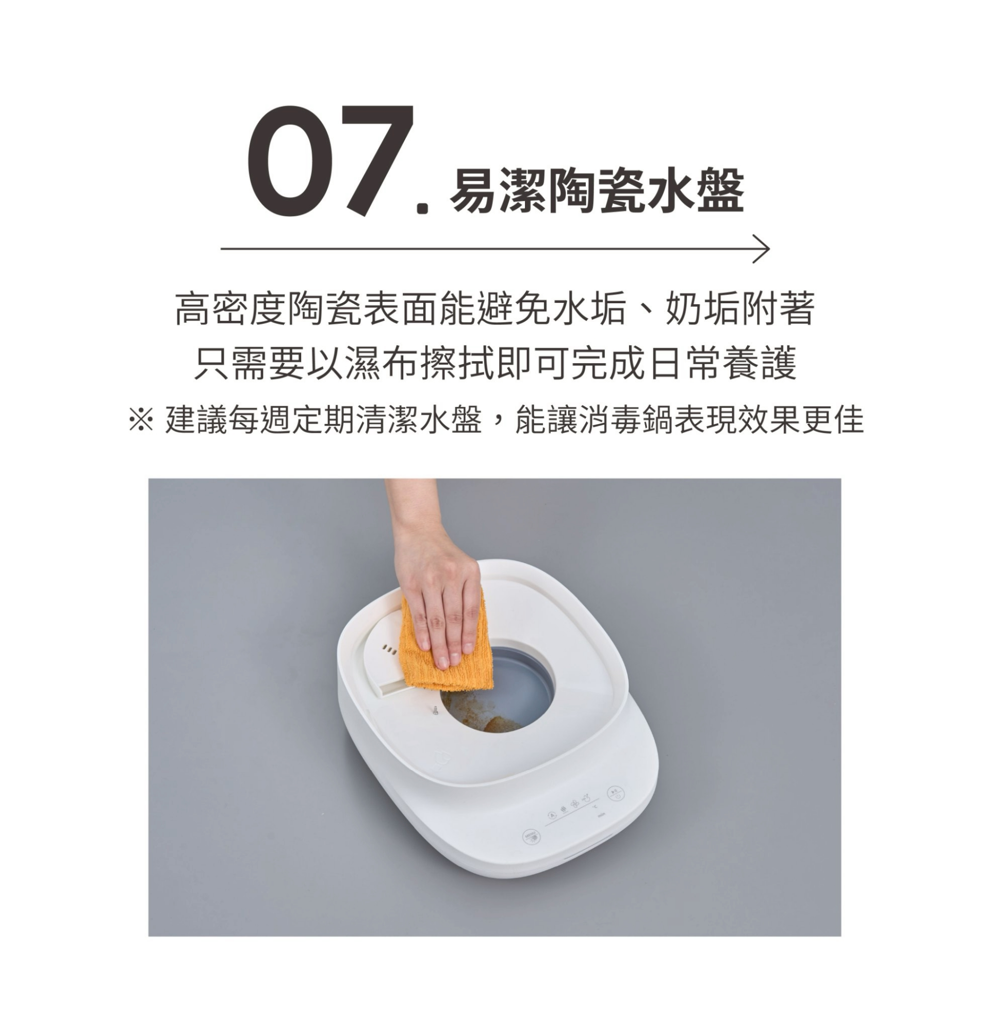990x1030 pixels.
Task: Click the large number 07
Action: click(331, 160)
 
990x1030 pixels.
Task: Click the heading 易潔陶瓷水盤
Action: click(597, 190)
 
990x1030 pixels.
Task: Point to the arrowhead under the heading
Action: click(762, 249)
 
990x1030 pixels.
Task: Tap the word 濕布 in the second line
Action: click(382, 363)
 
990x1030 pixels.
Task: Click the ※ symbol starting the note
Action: click(141, 420)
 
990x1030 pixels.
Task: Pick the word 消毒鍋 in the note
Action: click(626, 420)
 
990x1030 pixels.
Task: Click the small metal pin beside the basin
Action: click(436, 711)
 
